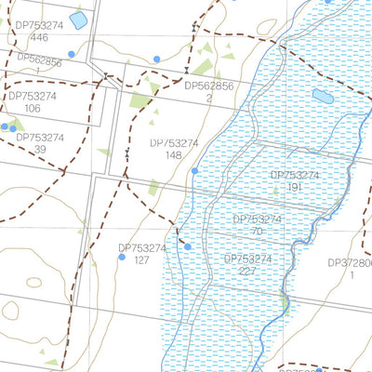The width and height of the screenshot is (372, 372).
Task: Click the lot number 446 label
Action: tap(39, 38)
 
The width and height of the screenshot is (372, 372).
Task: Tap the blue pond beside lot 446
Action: tap(79, 20)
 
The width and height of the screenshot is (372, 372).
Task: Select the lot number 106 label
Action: tap(33, 109)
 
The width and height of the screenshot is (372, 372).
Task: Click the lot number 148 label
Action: tap(173, 155)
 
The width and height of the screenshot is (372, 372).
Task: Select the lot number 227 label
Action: tap(249, 272)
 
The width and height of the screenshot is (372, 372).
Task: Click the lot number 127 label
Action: tap(142, 260)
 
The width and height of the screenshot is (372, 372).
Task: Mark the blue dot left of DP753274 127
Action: tap(121, 257)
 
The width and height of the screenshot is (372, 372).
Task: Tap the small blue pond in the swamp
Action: tap(323, 96)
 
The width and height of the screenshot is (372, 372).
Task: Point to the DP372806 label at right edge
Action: tap(352, 262)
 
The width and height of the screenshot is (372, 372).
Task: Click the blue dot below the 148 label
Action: tap(194, 171)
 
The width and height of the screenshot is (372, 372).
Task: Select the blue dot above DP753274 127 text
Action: tap(187, 246)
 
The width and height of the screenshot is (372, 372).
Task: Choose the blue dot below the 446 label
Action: tap(71, 54)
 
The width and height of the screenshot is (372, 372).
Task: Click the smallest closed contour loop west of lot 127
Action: tap(35, 282)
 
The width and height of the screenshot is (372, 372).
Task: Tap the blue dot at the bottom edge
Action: tap(318, 369)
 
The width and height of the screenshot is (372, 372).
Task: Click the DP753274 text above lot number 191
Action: tap(295, 175)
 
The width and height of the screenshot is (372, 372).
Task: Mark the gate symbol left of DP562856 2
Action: tap(187, 71)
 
